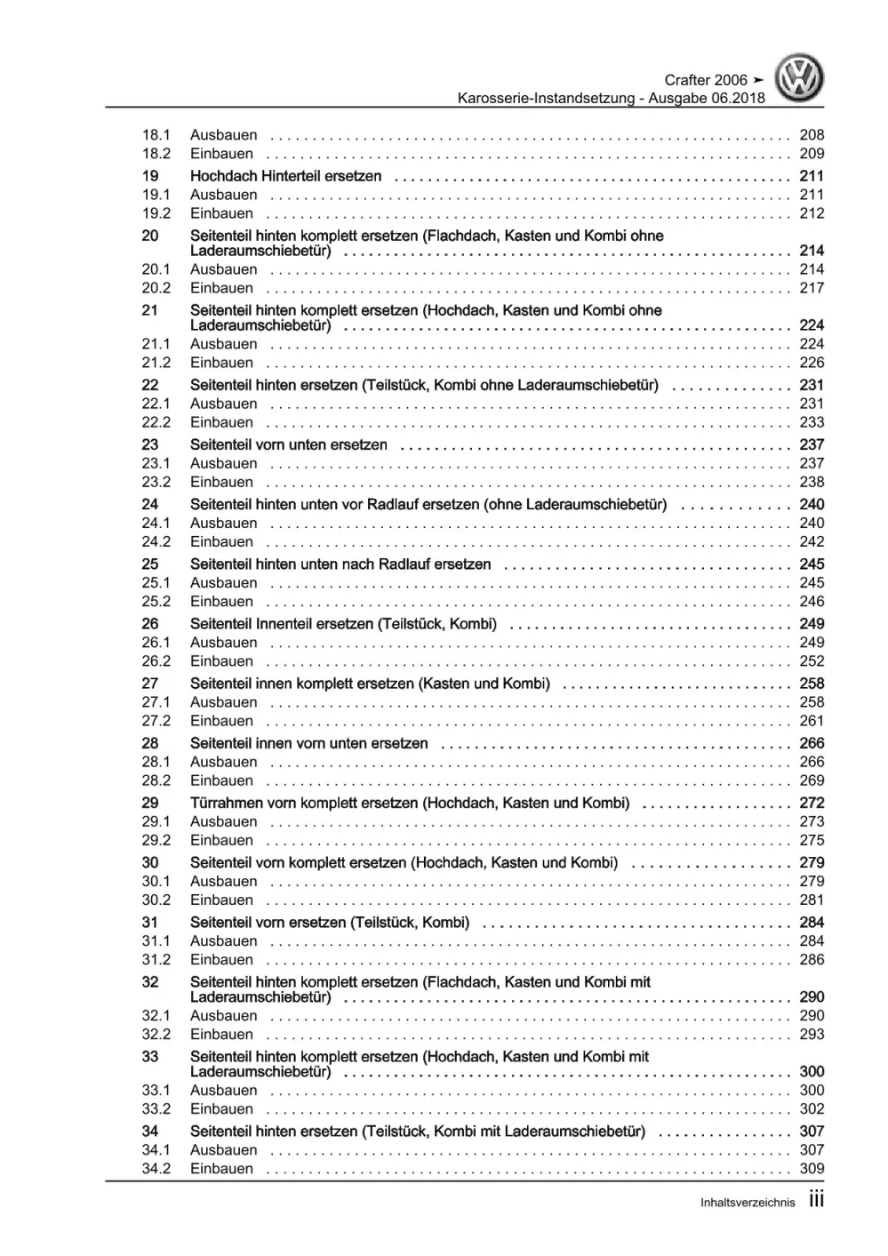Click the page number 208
(x=812, y=135)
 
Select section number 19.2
(x=156, y=213)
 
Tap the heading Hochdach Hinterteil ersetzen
(x=285, y=176)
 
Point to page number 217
(x=812, y=288)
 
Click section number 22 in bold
(x=150, y=385)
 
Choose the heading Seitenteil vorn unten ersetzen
(x=289, y=444)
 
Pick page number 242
(x=812, y=541)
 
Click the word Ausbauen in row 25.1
(x=223, y=583)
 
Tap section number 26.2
(x=156, y=661)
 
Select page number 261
(x=812, y=721)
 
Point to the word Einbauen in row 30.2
(x=221, y=900)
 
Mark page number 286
(x=812, y=960)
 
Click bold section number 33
(x=150, y=1057)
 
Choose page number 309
(x=812, y=1169)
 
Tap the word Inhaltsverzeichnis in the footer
(x=748, y=1203)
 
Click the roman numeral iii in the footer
(x=817, y=1200)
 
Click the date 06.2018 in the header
(x=738, y=98)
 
